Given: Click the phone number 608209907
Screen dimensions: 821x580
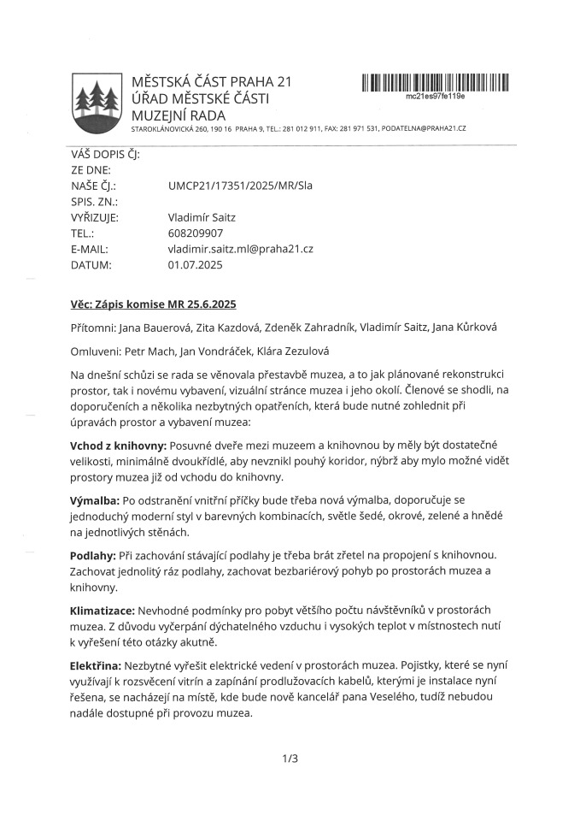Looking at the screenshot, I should pos(196,233).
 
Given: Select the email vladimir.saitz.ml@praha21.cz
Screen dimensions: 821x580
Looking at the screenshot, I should pos(241,249).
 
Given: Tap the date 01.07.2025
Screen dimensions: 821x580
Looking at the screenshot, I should pos(196,265).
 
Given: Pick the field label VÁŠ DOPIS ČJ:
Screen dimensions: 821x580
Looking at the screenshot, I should pos(105,154).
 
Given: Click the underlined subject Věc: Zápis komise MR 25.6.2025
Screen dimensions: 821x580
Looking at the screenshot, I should pos(153,305).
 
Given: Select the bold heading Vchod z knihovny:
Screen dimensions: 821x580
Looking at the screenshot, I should pos(119,446).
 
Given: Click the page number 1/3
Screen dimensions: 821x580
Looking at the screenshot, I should pos(290,758).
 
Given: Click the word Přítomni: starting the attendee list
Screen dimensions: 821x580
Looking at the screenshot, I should pos(96,328).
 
